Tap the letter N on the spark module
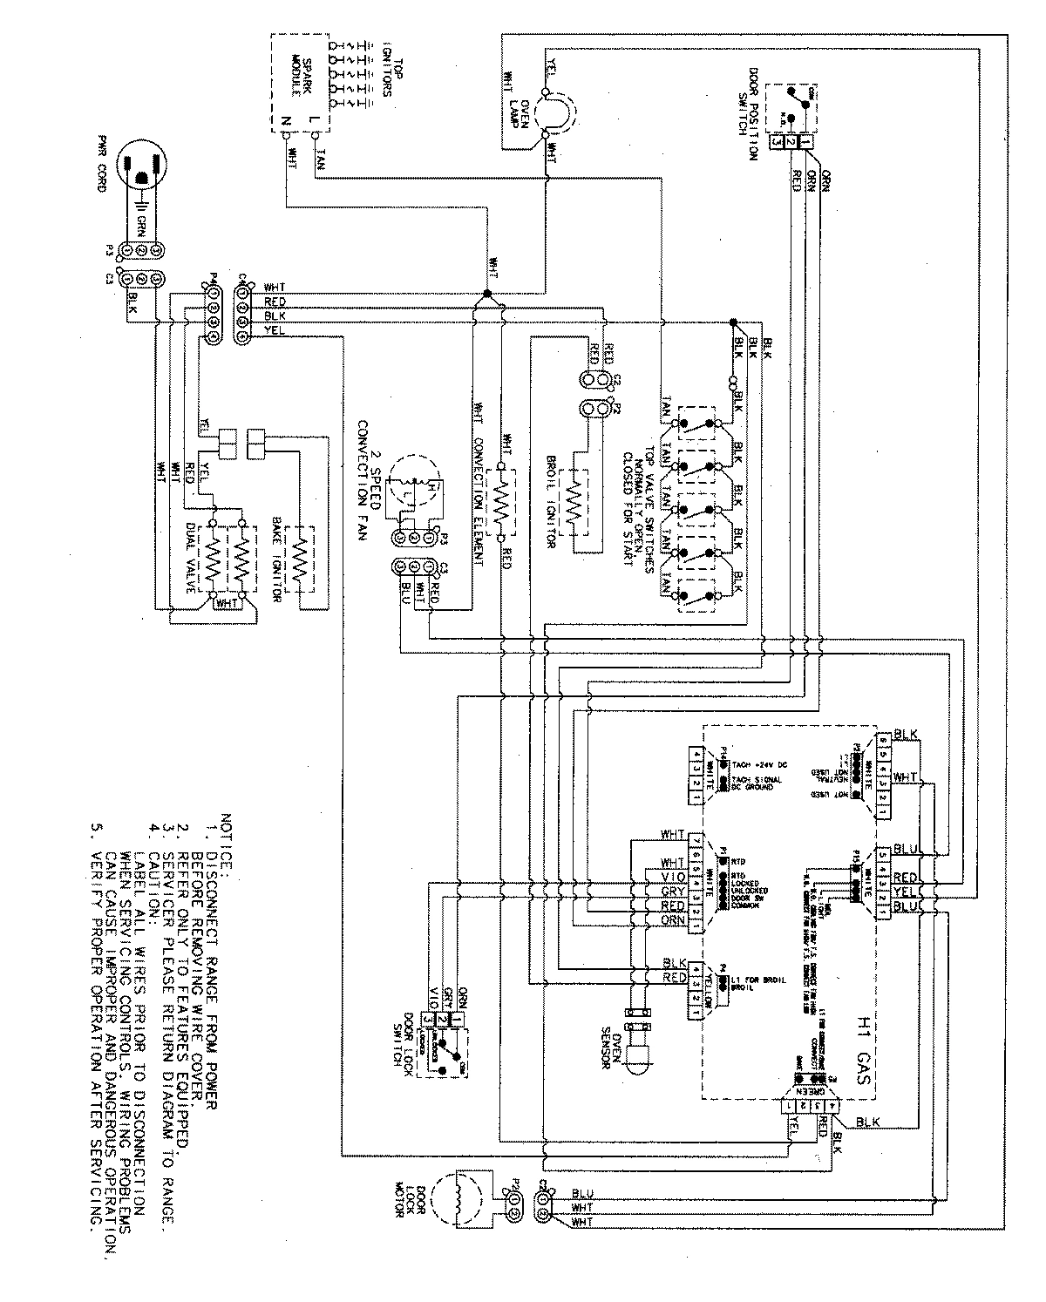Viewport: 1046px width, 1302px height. pos(284,120)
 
